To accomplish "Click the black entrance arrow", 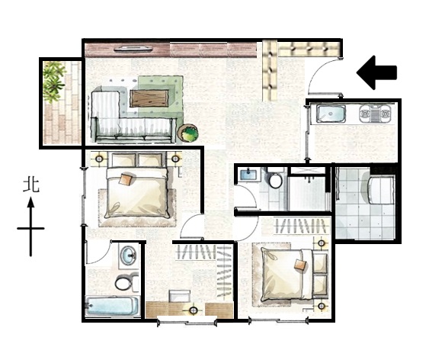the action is point(376,72).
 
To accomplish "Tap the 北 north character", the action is point(31,185).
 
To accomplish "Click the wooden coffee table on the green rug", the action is point(149,98).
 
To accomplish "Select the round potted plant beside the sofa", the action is point(187,133).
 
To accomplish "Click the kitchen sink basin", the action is point(331,114).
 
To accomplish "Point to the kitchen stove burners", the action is point(375,114).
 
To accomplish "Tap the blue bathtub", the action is point(112,306).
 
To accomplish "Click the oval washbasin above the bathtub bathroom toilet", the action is point(128,256).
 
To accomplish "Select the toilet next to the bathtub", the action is point(126,282).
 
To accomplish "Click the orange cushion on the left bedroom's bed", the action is point(126,179).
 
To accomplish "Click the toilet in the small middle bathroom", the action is point(275,178).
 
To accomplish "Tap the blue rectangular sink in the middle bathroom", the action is point(249,175).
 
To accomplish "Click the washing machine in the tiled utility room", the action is point(381,190).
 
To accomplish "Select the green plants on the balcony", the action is point(54,82).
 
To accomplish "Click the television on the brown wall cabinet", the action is point(133,49).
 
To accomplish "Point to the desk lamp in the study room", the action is point(194,310).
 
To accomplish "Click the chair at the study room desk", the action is point(180,297).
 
